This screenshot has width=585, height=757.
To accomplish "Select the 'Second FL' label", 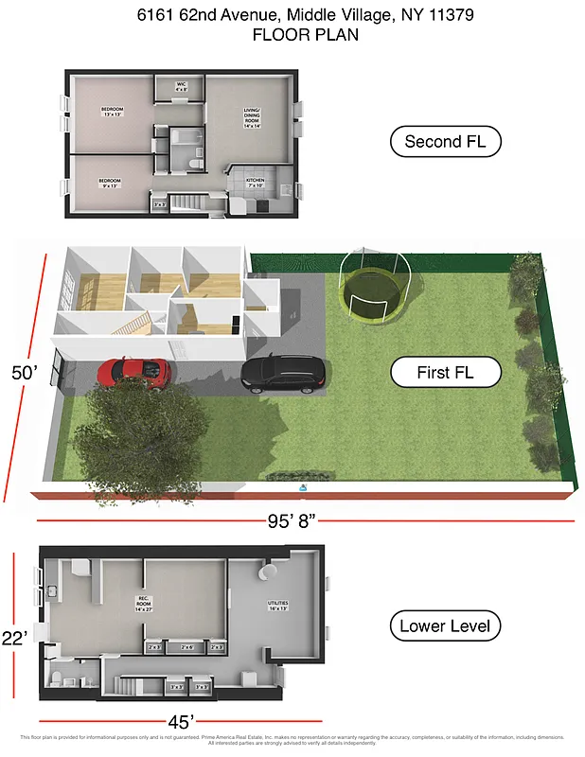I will click(445, 143).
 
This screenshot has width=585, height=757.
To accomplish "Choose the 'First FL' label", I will click(445, 372).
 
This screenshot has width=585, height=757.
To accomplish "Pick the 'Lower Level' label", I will click(445, 625).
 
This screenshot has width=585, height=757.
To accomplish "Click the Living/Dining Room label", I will click(251, 117).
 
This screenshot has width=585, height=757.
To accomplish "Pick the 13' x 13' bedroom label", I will click(112, 113).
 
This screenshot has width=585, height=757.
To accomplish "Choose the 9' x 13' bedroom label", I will click(112, 182).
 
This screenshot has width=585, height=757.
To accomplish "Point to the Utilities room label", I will click(277, 606).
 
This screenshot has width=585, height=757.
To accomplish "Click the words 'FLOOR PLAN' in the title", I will click(292, 34).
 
